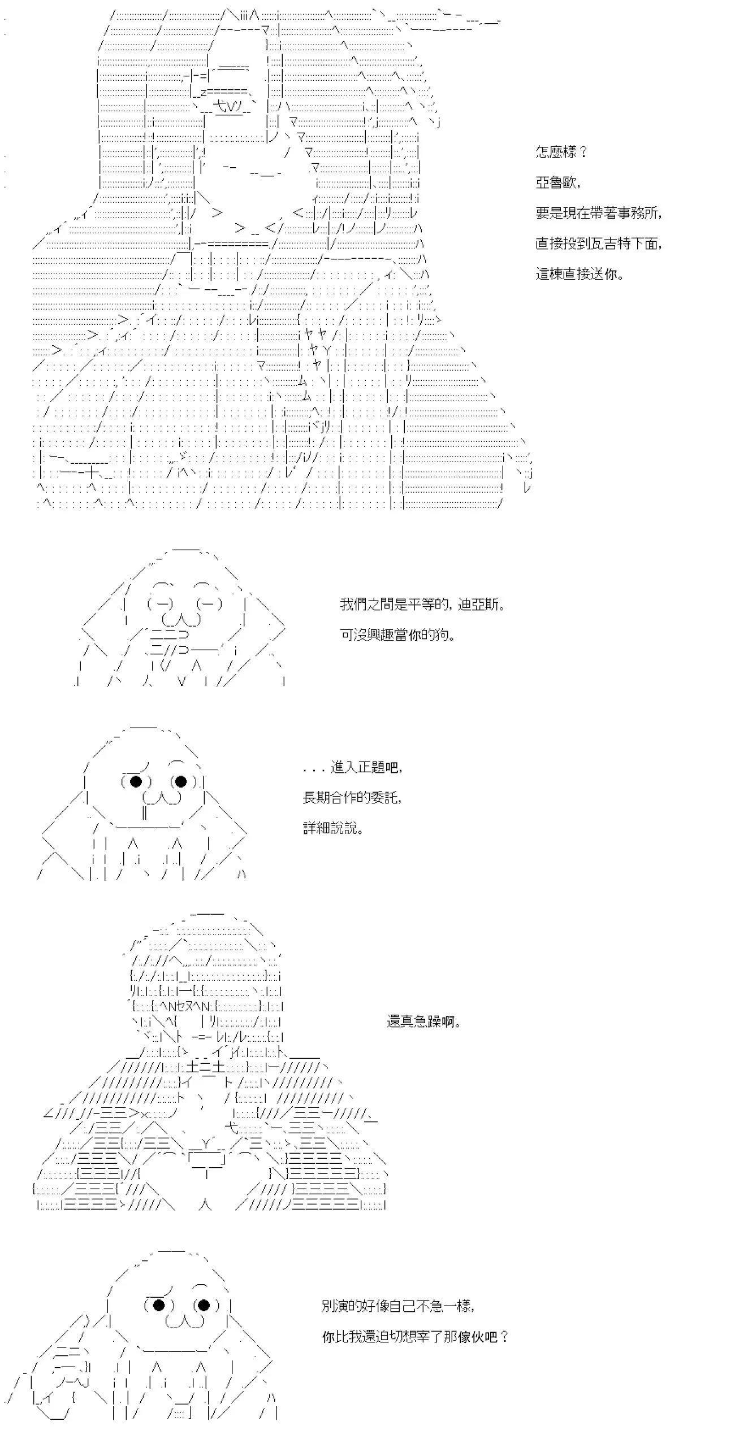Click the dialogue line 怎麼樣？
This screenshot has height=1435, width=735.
(562, 152)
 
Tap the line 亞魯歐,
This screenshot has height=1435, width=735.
(558, 182)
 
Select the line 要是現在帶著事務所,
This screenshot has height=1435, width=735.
(599, 213)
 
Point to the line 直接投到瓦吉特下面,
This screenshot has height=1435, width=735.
(599, 243)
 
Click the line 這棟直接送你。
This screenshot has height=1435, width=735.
(580, 274)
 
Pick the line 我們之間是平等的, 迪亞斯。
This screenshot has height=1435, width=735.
(423, 605)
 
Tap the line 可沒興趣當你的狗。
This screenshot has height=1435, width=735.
(398, 635)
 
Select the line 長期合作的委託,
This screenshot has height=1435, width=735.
(352, 798)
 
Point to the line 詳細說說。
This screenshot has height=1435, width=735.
(334, 828)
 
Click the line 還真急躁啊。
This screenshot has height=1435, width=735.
(424, 1021)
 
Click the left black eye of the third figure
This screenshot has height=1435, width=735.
(136, 781)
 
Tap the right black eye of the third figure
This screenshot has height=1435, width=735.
(181, 781)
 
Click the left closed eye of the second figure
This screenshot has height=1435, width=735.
(161, 604)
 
